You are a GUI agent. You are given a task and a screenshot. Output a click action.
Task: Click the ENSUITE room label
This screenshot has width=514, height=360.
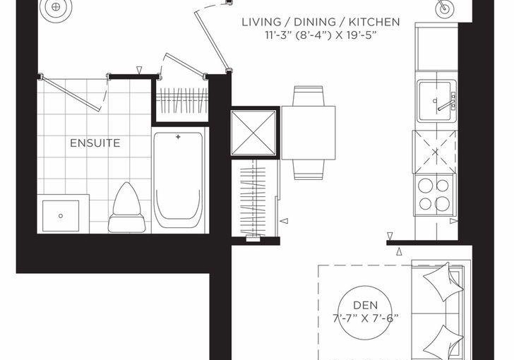[95, 143]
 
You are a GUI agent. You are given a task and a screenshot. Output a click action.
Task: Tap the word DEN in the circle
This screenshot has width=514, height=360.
[365, 305]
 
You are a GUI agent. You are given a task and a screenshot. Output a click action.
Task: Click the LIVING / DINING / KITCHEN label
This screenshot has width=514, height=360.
[321, 23]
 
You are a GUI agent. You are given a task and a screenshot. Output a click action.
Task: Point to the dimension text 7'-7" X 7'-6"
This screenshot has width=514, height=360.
[366, 318]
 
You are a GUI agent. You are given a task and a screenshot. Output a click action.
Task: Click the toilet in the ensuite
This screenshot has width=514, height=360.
[127, 208]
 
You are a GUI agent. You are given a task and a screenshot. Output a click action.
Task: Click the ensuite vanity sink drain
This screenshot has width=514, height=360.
[61, 216]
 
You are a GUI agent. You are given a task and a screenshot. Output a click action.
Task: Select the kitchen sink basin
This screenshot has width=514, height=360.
[435, 101]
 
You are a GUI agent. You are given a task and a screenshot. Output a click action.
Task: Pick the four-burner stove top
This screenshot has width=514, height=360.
[434, 195]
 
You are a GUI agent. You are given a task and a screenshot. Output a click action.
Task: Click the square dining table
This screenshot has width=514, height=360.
[308, 133]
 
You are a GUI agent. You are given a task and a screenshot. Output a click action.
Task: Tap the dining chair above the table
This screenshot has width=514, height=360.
[308, 96]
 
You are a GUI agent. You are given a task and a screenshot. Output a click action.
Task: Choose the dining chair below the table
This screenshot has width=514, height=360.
[308, 169]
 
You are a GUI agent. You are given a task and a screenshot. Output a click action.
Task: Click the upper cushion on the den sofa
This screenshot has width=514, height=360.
[443, 282]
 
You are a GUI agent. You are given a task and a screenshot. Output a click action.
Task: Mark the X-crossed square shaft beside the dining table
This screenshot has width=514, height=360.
[253, 133]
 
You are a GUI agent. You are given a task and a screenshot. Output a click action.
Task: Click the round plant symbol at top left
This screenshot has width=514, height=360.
[56, 7]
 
